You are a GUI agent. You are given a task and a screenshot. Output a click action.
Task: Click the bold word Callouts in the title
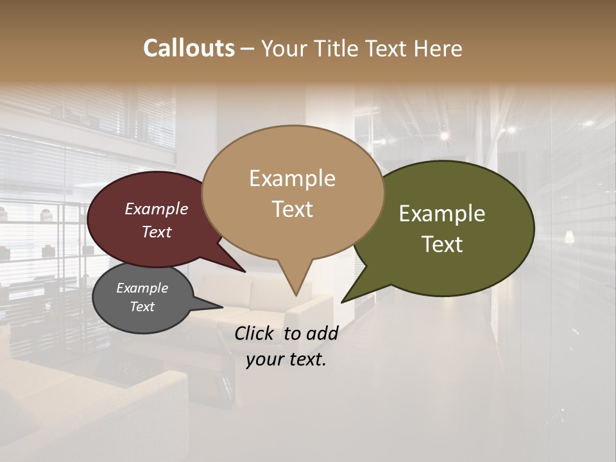click(189, 48)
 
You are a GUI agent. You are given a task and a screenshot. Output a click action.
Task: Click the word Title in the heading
click(338, 48)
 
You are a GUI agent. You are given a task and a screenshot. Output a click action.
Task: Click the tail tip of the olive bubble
click(342, 302)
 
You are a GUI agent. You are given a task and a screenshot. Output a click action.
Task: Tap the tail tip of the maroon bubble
click(244, 271)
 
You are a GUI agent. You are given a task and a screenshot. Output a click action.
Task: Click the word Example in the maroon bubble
click(157, 209)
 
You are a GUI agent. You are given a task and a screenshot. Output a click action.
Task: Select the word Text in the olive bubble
click(442, 244)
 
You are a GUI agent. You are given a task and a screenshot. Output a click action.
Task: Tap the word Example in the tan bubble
click(292, 178)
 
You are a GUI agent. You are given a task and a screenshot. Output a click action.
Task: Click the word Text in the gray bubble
click(142, 307)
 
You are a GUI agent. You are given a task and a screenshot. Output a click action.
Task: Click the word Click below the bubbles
click(255, 333)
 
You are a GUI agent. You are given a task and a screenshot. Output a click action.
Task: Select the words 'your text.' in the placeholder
click(286, 359)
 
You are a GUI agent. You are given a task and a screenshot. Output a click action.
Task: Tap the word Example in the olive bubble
click(442, 214)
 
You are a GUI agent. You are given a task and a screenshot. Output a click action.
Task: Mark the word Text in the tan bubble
click(293, 209)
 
